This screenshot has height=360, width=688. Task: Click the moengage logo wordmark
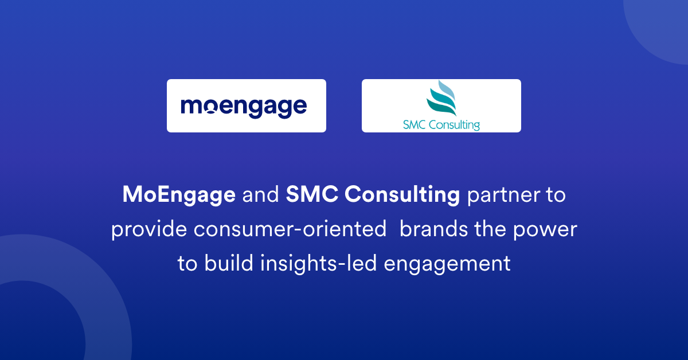click(x=244, y=107)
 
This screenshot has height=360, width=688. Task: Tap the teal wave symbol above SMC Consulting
click(x=441, y=98)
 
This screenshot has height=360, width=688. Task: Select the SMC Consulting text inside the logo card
click(x=441, y=124)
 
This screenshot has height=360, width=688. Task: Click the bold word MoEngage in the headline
click(x=179, y=195)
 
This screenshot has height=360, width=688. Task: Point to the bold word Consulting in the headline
click(x=402, y=195)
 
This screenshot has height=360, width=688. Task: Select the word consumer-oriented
click(x=290, y=229)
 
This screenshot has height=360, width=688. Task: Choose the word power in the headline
click(x=548, y=230)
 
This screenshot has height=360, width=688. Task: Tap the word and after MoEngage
click(x=260, y=195)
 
